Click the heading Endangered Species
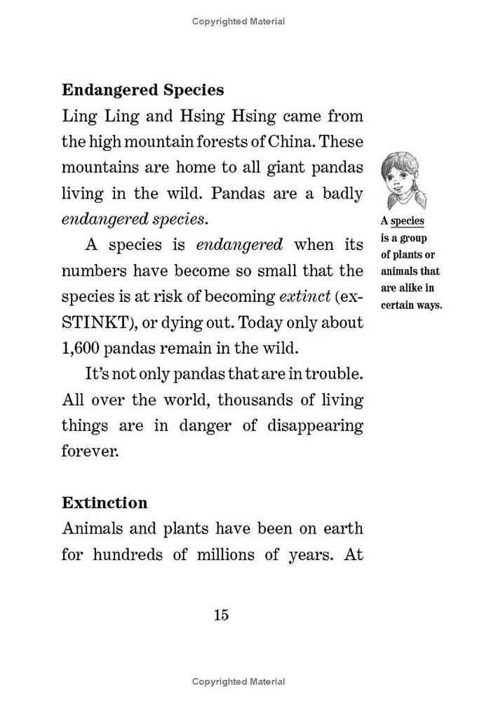click(143, 91)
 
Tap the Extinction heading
click(105, 503)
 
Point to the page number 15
click(221, 615)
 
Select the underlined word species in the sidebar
click(408, 221)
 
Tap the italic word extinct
click(305, 296)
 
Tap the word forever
click(90, 451)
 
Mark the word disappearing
click(312, 426)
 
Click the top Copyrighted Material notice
click(238, 22)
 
